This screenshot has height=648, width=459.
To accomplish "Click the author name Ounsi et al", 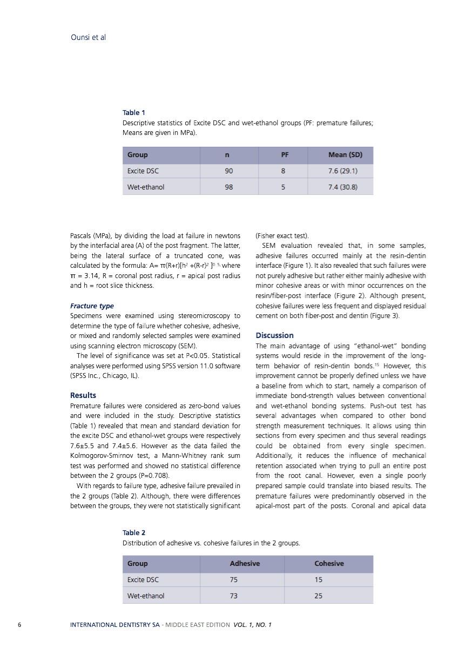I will [88, 38].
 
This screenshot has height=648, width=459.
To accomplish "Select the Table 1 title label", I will [134, 112].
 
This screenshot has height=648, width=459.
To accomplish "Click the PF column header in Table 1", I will [285, 155].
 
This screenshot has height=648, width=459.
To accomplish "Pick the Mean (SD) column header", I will [345, 155].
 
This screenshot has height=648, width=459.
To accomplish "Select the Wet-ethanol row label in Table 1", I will [146, 187].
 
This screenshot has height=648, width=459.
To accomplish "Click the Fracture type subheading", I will [92, 306].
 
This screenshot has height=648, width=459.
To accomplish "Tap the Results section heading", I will [83, 395].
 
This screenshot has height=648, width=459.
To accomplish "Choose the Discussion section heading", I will [274, 335].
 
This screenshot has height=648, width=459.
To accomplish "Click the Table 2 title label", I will [134, 532].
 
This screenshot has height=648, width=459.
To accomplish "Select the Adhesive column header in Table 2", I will [245, 564].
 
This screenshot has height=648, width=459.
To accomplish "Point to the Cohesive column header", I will [329, 564].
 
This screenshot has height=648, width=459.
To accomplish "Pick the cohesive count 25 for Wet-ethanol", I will [319, 596].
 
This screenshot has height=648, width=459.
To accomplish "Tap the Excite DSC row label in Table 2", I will [143, 580].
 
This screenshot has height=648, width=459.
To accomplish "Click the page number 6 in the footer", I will [19, 625].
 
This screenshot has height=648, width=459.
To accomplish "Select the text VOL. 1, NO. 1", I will [253, 625].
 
